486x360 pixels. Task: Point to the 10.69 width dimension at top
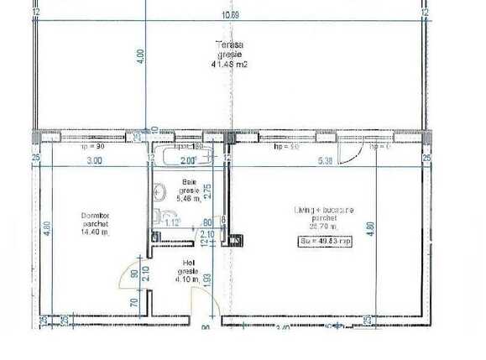tap(243, 15)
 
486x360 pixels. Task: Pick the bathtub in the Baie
tap(190, 158)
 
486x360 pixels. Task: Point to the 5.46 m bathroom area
tap(190, 199)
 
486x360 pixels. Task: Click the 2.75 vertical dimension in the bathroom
tap(207, 190)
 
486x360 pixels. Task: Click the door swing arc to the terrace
tap(360, 155)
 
